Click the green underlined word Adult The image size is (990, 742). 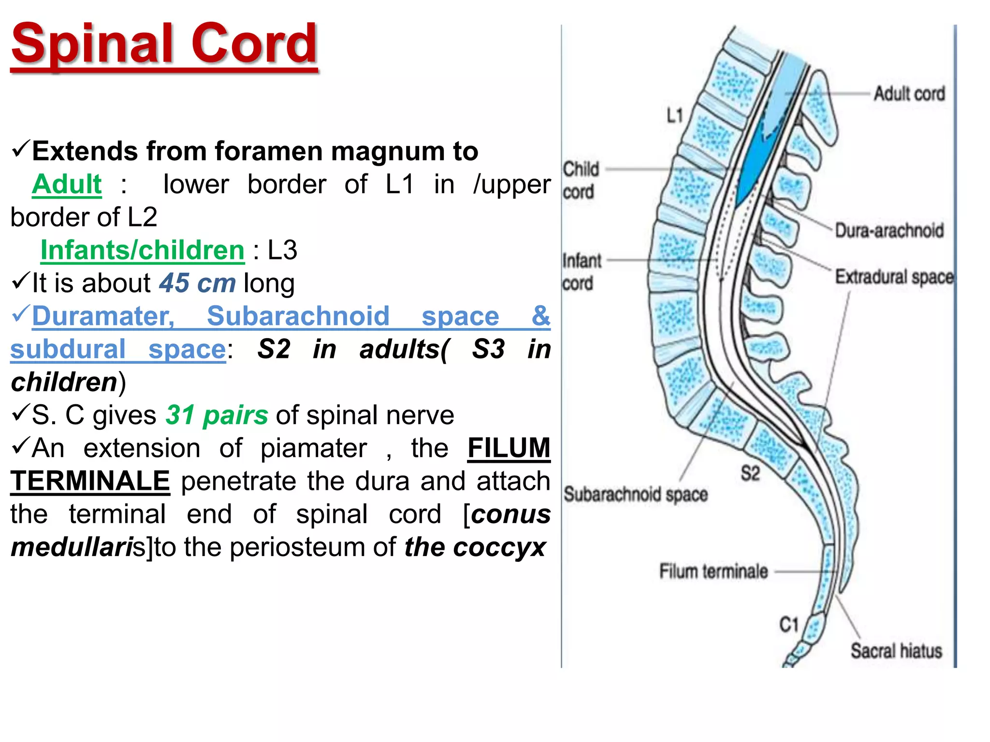pyautogui.click(x=67, y=184)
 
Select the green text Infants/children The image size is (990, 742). pyautogui.click(x=143, y=250)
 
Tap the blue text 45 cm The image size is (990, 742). pyautogui.click(x=198, y=283)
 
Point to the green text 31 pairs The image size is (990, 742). pyautogui.click(x=217, y=415)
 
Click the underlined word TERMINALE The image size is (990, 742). pyautogui.click(x=90, y=481)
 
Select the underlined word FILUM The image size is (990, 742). pyautogui.click(x=509, y=448)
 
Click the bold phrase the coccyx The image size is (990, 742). pyautogui.click(x=475, y=547)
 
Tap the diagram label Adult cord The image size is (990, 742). pyautogui.click(x=909, y=94)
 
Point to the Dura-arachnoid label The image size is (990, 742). pyautogui.click(x=889, y=230)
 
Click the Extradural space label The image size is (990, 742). pyautogui.click(x=895, y=277)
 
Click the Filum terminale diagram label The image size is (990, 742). pyautogui.click(x=713, y=571)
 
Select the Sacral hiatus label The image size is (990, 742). pyautogui.click(x=897, y=651)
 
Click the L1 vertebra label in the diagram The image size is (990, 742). pyautogui.click(x=675, y=115)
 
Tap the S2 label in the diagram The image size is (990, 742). pyautogui.click(x=750, y=473)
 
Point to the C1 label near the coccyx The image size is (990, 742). pyautogui.click(x=789, y=625)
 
